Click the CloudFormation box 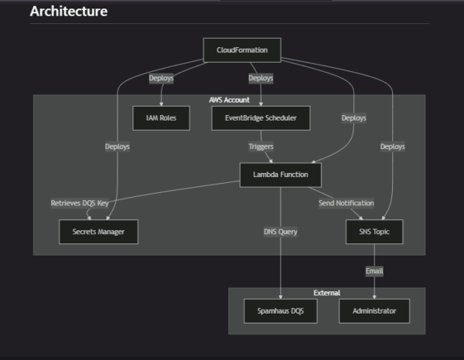[x=241, y=50]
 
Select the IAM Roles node [x=161, y=118]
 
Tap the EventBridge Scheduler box [x=261, y=118]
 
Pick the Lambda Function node [x=280, y=175]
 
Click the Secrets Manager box [x=98, y=232]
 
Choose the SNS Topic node [x=374, y=232]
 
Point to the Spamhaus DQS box [x=280, y=311]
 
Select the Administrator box [x=374, y=311]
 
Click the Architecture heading [x=69, y=12]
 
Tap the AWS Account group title [x=229, y=100]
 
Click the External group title [x=326, y=293]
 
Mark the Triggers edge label [x=261, y=146]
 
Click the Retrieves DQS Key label [x=80, y=203]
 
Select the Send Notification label [x=346, y=203]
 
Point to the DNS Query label [x=280, y=232]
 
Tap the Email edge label [x=374, y=271]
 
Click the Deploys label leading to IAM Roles [x=161, y=79]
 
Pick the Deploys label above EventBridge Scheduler [x=261, y=79]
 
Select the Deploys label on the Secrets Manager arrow [x=118, y=146]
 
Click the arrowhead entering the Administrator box [x=374, y=296]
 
